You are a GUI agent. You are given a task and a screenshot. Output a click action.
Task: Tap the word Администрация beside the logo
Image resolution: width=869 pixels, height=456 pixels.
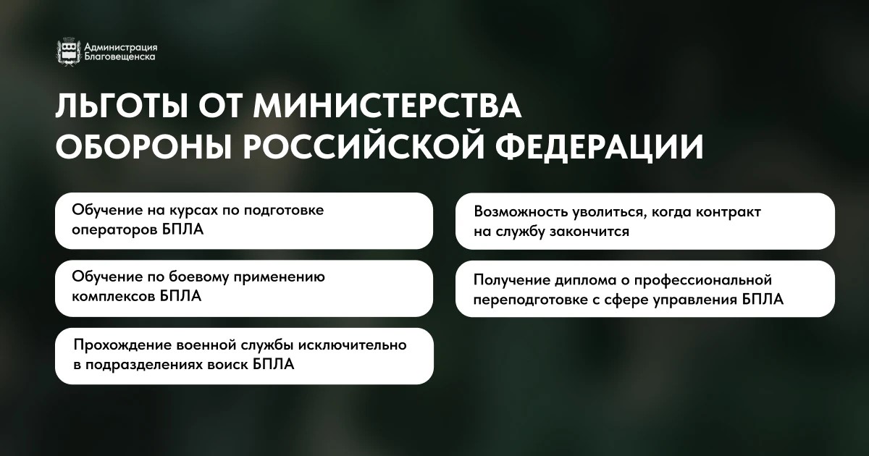click(x=121, y=47)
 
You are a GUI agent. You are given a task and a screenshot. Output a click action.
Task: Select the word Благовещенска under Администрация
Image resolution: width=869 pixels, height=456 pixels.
click(x=120, y=57)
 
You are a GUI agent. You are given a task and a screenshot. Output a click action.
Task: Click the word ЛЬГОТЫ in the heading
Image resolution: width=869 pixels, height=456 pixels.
click(x=123, y=105)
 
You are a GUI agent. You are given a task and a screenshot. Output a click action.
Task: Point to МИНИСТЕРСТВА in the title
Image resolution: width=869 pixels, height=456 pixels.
click(x=387, y=105)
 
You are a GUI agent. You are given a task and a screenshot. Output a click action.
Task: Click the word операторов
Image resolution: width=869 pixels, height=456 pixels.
click(x=114, y=230)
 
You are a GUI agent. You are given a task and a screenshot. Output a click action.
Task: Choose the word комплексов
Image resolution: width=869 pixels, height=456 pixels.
click(x=113, y=297)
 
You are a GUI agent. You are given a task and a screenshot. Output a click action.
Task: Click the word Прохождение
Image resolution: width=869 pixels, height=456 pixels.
click(x=122, y=345)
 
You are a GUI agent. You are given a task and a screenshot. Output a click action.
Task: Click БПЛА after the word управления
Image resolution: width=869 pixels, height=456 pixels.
click(x=763, y=300)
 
